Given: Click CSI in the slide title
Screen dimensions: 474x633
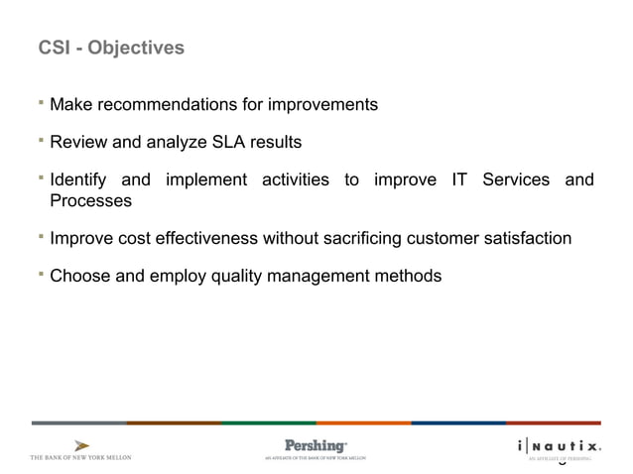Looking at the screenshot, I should [53, 48].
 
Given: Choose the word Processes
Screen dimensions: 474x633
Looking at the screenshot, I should [90, 200].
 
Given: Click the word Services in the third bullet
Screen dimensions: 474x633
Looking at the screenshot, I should [515, 180].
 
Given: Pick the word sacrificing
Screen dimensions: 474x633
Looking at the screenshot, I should [408, 238].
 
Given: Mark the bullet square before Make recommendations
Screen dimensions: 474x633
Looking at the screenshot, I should [42, 101].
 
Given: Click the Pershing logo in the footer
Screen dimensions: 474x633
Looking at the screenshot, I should [316, 445].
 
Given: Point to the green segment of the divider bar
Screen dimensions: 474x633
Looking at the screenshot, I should [268, 422].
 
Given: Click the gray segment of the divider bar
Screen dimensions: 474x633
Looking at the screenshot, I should [78, 422].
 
